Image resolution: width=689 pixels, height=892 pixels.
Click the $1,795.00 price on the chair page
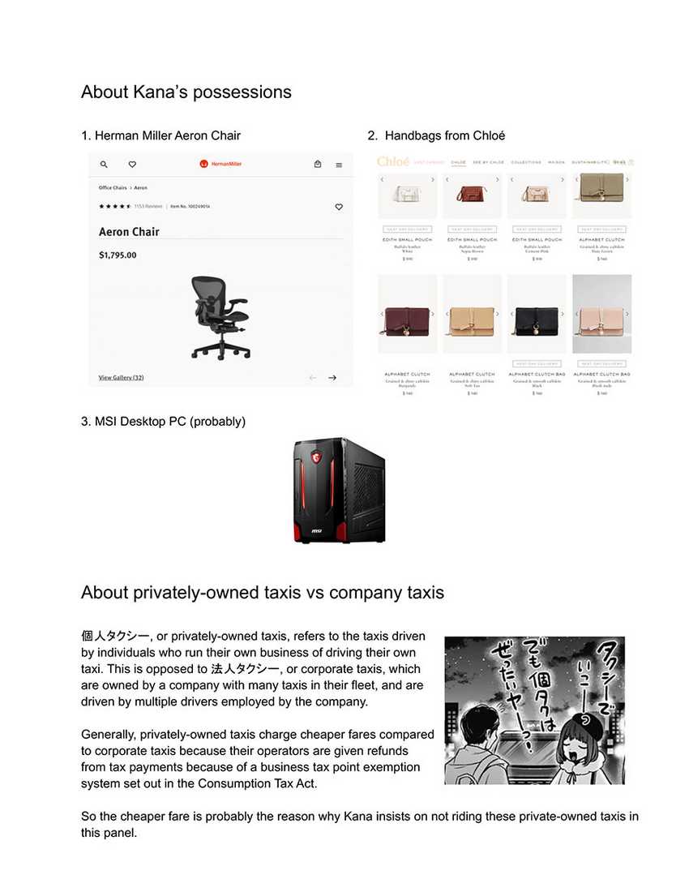(x=118, y=255)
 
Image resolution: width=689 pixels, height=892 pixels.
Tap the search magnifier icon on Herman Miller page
(x=104, y=165)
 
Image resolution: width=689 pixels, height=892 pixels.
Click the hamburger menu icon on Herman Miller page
(x=339, y=165)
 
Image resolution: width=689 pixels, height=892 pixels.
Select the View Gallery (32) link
(x=121, y=378)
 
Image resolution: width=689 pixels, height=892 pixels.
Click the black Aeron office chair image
(x=220, y=317)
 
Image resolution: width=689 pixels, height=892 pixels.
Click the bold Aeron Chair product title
(x=129, y=232)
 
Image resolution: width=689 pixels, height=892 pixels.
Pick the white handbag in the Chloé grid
(x=407, y=195)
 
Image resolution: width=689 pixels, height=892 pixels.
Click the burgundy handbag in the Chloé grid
(x=407, y=314)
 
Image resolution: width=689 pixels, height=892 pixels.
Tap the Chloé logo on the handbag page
(x=394, y=162)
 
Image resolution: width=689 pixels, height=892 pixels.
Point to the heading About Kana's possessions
(x=186, y=92)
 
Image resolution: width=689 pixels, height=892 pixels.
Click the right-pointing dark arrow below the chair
(x=332, y=378)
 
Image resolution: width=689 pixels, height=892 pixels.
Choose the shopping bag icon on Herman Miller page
(x=318, y=165)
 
